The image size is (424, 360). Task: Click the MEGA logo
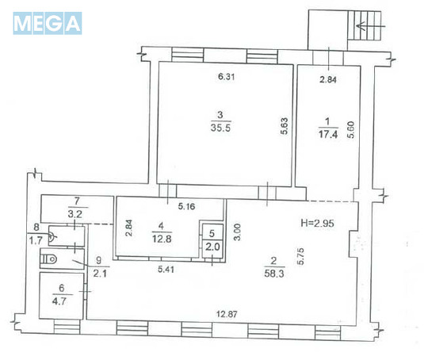pos(48,23)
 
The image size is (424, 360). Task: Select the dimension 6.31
pos(227,78)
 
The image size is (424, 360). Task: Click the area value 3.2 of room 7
pos(77,213)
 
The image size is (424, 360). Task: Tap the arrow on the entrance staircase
pos(366,25)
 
